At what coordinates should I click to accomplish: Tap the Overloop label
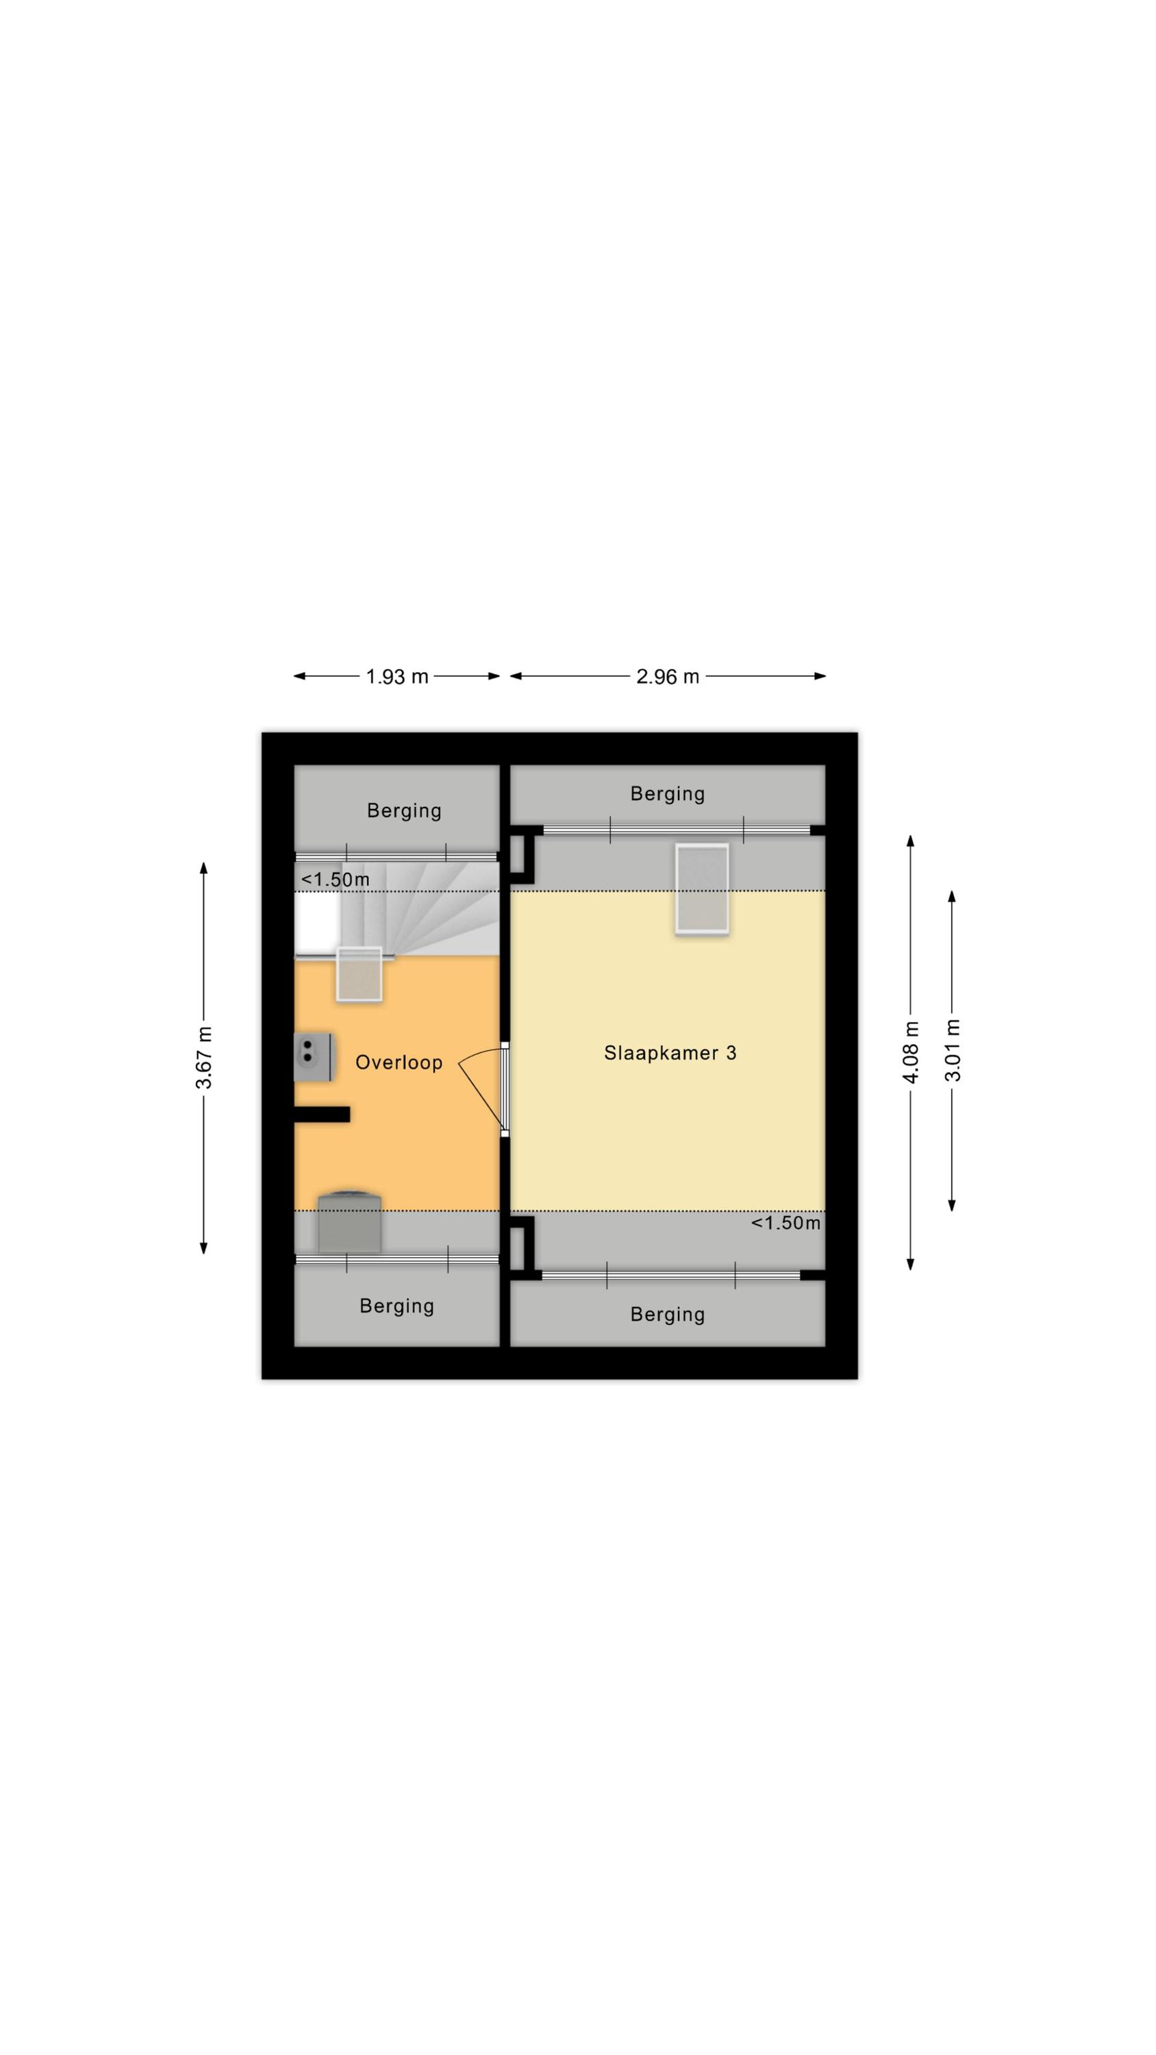pyautogui.click(x=398, y=1062)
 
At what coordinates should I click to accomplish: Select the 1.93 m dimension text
pyautogui.click(x=397, y=677)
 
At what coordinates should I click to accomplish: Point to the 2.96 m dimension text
pyautogui.click(x=667, y=677)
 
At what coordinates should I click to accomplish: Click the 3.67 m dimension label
pyautogui.click(x=204, y=1058)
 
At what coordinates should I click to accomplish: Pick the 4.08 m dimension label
pyautogui.click(x=910, y=1051)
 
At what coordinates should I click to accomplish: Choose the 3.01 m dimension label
pyautogui.click(x=952, y=1050)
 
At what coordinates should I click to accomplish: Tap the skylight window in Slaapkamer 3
pyautogui.click(x=701, y=888)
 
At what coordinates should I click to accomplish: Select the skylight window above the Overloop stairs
pyautogui.click(x=359, y=974)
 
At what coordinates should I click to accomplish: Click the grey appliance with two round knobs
pyautogui.click(x=313, y=1057)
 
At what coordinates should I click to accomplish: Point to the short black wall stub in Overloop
pyautogui.click(x=321, y=1114)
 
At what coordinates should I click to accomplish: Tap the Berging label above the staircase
pyautogui.click(x=403, y=810)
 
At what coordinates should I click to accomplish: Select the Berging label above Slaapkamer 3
pyautogui.click(x=667, y=794)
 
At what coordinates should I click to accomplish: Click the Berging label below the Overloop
pyautogui.click(x=397, y=1306)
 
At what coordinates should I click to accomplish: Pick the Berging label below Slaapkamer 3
pyautogui.click(x=667, y=1315)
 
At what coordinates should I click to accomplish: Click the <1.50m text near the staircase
pyautogui.click(x=335, y=879)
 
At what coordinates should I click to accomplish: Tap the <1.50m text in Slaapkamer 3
pyautogui.click(x=785, y=1223)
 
